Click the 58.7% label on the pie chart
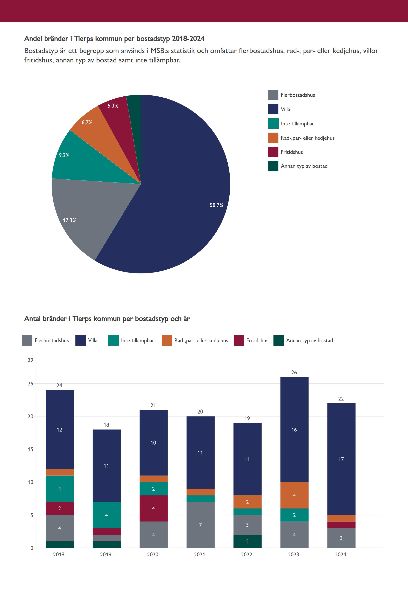coord(216,205)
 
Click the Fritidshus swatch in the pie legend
coord(273,152)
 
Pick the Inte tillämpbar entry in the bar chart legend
coord(131,340)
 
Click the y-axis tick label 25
coord(30,384)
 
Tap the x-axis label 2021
coord(199,554)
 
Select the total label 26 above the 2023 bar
coord(294,372)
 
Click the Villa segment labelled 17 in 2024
coord(341,459)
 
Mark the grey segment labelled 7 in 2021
coord(200,525)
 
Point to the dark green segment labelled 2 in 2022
coord(247,541)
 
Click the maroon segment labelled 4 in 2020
coord(153,509)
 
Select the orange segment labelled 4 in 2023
coord(294,495)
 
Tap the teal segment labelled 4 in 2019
coord(107,515)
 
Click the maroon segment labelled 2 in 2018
coord(60,508)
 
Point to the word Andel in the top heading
coord(33,39)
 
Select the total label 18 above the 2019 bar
coord(106,425)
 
